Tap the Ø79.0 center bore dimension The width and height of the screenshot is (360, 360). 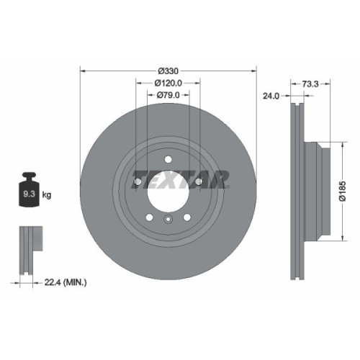click(x=168, y=95)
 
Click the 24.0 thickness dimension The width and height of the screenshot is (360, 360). click(x=271, y=95)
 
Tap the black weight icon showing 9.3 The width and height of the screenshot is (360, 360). click(x=30, y=192)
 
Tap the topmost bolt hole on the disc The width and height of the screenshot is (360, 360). click(x=167, y=159)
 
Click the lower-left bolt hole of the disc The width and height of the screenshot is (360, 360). click(x=148, y=217)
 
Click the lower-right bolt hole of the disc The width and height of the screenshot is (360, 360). click(x=186, y=217)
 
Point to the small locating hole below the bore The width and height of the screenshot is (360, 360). click(x=167, y=220)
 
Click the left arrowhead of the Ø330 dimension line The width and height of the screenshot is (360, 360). click(x=81, y=71)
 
